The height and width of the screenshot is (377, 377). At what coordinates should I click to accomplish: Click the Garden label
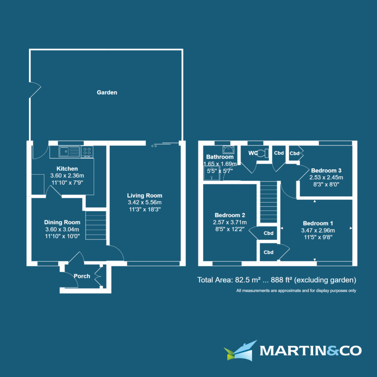107,92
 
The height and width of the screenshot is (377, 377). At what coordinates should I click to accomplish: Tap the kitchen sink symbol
69,152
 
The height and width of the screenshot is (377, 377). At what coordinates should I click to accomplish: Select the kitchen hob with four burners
87,152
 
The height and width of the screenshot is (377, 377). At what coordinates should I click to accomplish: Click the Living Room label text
145,195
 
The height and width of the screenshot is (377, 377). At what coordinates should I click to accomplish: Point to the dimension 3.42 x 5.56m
145,203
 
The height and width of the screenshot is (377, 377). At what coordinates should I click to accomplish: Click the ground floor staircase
96,225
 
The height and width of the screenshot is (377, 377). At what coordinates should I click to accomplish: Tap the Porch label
82,276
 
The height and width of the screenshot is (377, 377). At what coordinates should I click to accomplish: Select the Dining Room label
62,222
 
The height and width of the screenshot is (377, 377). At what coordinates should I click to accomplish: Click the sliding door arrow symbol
154,146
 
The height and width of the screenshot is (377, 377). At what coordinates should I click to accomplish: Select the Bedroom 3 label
326,171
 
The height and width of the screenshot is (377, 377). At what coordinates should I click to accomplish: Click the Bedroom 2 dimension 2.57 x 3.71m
230,222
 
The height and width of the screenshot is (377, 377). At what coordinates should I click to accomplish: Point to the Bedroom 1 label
318,223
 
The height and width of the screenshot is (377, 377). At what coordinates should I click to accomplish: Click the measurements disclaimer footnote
296,291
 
